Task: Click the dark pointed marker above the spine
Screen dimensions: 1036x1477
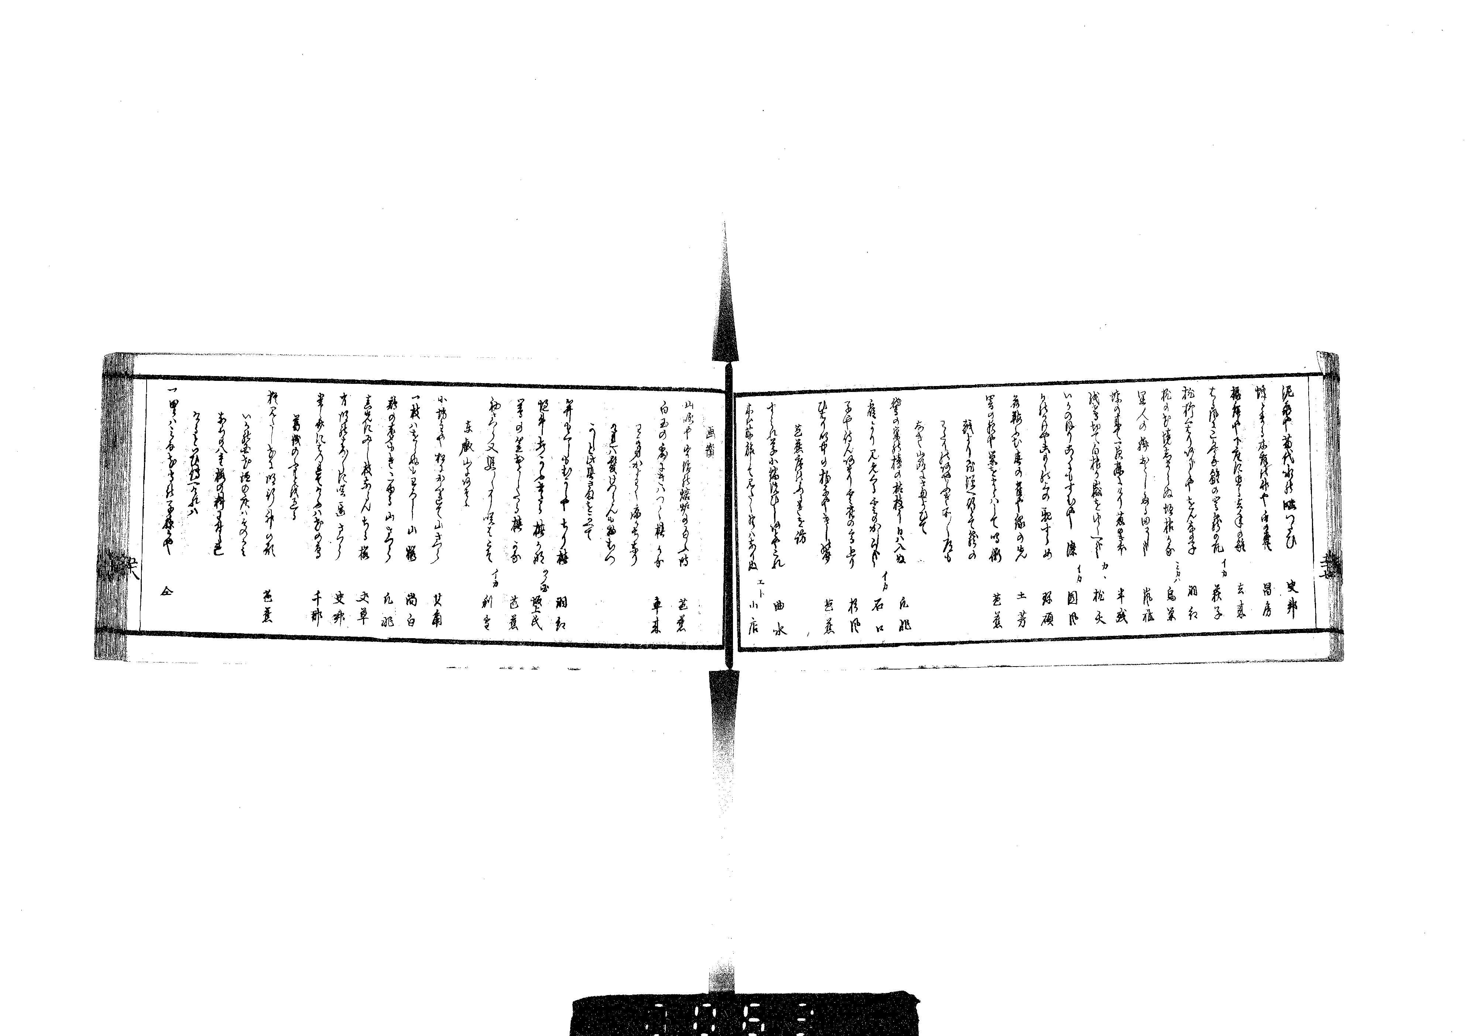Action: click(x=724, y=302)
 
